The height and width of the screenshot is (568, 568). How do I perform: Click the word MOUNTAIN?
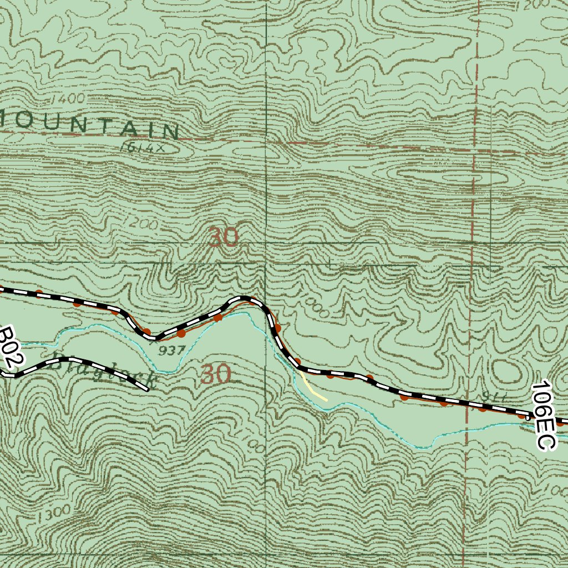click(89, 124)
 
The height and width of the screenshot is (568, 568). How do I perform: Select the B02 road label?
click(11, 347)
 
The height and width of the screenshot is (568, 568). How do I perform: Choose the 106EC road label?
click(543, 415)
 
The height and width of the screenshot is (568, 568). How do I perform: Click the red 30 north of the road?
click(224, 238)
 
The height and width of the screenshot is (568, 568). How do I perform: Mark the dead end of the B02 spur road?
click(148, 389)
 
